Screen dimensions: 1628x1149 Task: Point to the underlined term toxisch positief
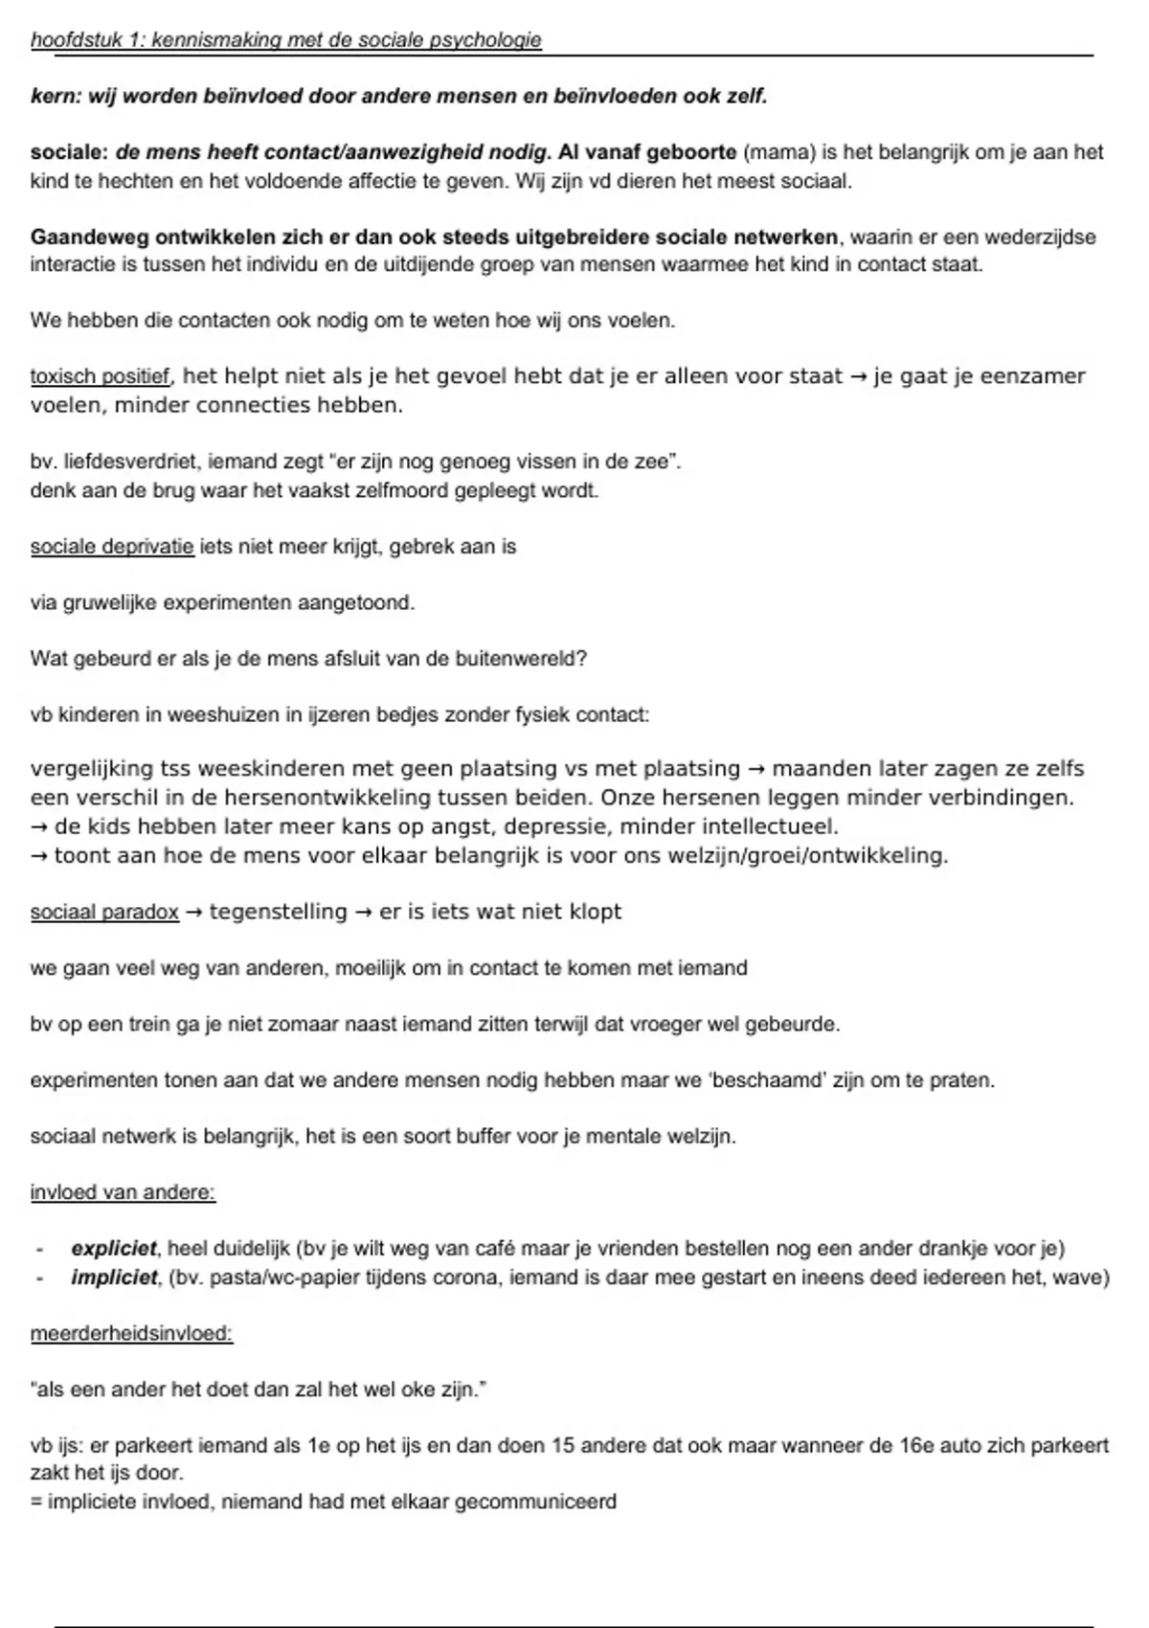[101, 376]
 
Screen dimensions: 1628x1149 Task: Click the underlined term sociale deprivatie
[112, 547]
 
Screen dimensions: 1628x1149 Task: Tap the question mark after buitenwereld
[582, 659]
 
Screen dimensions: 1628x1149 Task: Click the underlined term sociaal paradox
[104, 912]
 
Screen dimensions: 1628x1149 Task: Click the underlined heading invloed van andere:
[123, 1193]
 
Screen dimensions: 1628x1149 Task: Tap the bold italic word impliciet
[114, 1278]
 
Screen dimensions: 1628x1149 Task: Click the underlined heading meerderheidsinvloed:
[131, 1334]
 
